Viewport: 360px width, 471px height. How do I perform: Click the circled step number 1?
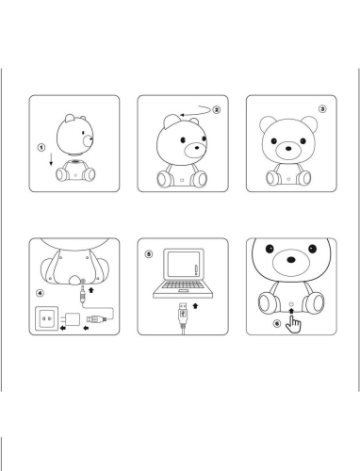tap(41, 147)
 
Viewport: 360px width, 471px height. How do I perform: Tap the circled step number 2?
tap(217, 110)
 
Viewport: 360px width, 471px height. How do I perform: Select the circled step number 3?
tap(322, 109)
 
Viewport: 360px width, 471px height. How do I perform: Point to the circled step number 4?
tap(40, 293)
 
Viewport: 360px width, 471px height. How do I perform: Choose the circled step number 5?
tap(149, 254)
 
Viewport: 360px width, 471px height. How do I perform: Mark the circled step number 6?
tap(277, 323)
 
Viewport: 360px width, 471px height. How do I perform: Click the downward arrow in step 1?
tap(51, 160)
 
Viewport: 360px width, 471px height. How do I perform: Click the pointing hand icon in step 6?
tap(293, 324)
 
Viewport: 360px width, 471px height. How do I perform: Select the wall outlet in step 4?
tap(47, 318)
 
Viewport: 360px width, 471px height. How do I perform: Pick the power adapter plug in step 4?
tap(72, 319)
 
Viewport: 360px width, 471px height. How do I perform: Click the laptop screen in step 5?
tap(184, 264)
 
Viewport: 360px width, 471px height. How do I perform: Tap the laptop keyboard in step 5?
tap(183, 285)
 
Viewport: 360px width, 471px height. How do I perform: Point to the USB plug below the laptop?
tap(183, 313)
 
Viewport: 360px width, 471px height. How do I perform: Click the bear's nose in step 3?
tap(288, 148)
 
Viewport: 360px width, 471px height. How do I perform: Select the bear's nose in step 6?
tap(291, 260)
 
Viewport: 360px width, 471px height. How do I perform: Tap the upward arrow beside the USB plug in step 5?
tap(195, 305)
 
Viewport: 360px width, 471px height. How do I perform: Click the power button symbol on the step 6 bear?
tap(291, 304)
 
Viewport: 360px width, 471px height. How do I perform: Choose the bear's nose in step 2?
tap(197, 147)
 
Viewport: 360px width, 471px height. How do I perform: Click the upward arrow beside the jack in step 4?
tap(91, 290)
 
